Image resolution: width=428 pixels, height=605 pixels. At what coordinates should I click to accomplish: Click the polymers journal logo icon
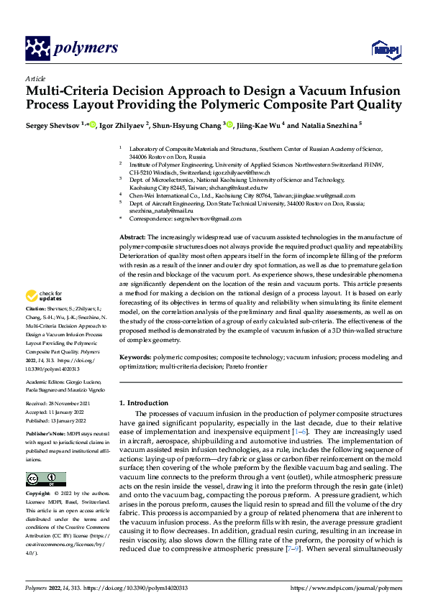coord(37,48)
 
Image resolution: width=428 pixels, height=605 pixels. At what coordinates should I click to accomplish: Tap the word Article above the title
coord(35,78)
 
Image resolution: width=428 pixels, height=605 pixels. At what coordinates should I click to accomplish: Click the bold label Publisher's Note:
coord(47,436)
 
